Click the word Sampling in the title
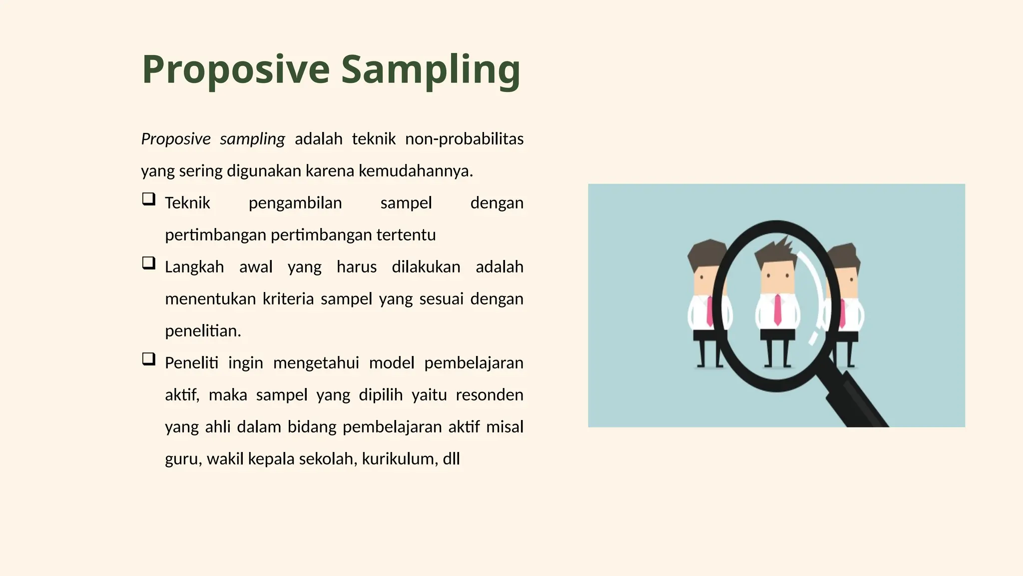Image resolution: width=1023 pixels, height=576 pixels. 431,70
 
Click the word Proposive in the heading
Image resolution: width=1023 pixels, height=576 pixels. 236,70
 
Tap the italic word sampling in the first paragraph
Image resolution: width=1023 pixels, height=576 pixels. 252,139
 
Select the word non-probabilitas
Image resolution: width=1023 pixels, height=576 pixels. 464,138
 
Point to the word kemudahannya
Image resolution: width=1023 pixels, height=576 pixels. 415,171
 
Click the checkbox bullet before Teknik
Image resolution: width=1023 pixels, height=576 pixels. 148,199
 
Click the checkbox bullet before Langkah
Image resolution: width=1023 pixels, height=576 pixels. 148,263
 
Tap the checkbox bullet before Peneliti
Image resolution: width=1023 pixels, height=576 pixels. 148,359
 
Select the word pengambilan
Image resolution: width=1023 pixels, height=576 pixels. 295,203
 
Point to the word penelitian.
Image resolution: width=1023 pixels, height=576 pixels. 203,331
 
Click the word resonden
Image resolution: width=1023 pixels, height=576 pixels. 490,395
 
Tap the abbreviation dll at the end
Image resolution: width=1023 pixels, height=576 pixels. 451,459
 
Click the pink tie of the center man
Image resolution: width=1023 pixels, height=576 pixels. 777,310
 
